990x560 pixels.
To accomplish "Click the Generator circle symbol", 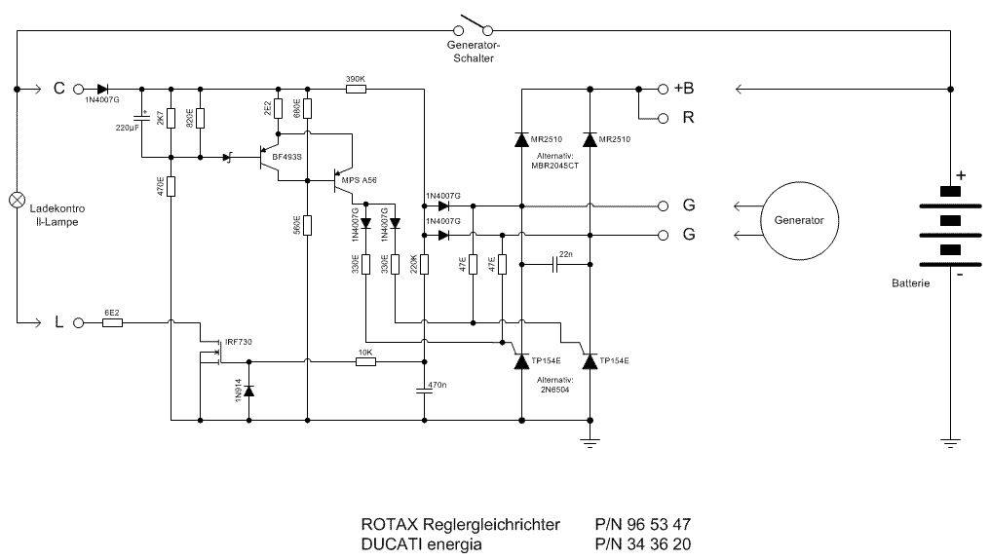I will (798, 220).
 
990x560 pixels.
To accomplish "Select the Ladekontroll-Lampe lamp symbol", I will (17, 200).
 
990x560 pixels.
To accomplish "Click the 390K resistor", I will (356, 89).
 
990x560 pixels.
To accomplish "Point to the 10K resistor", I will (365, 361).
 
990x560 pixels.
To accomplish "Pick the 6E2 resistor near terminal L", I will (111, 321).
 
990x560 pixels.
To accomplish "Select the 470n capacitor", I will (425, 390).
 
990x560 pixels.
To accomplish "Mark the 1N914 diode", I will (248, 392).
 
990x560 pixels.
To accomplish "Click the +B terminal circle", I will (664, 89).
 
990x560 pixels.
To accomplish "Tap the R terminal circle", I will (664, 119).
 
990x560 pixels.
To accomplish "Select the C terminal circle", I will (77, 89).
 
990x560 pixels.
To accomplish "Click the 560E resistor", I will (307, 225).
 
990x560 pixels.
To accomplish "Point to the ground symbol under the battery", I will (950, 443).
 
